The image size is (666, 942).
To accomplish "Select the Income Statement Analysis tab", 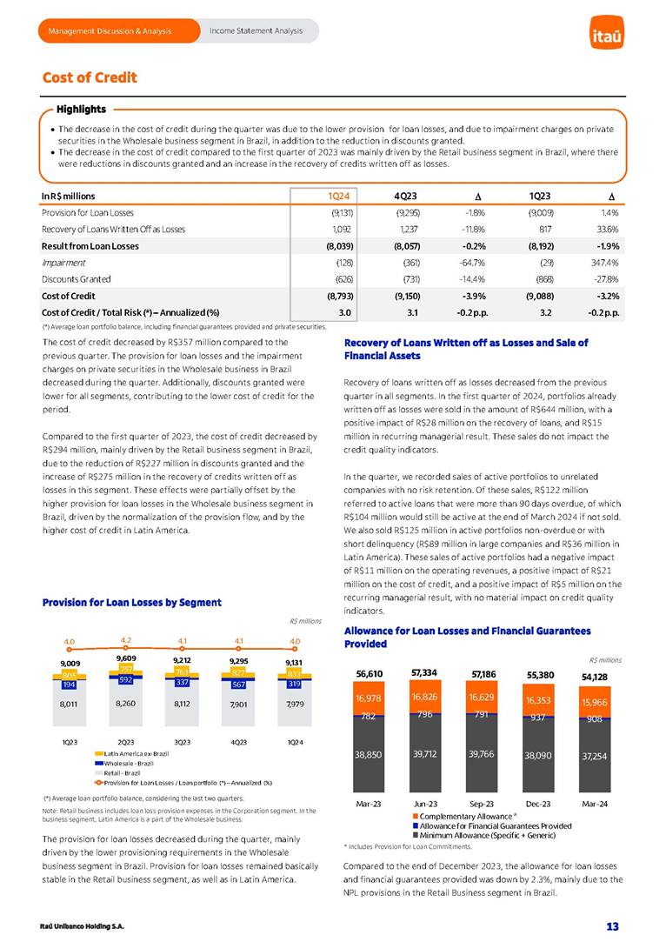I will coord(256,31).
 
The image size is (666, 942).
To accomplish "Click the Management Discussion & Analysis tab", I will coord(110,31).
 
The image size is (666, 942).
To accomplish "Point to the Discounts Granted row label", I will coord(77,279).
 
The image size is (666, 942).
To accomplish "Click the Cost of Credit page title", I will coord(90,78).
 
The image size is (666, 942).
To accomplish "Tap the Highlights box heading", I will coord(81,110).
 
